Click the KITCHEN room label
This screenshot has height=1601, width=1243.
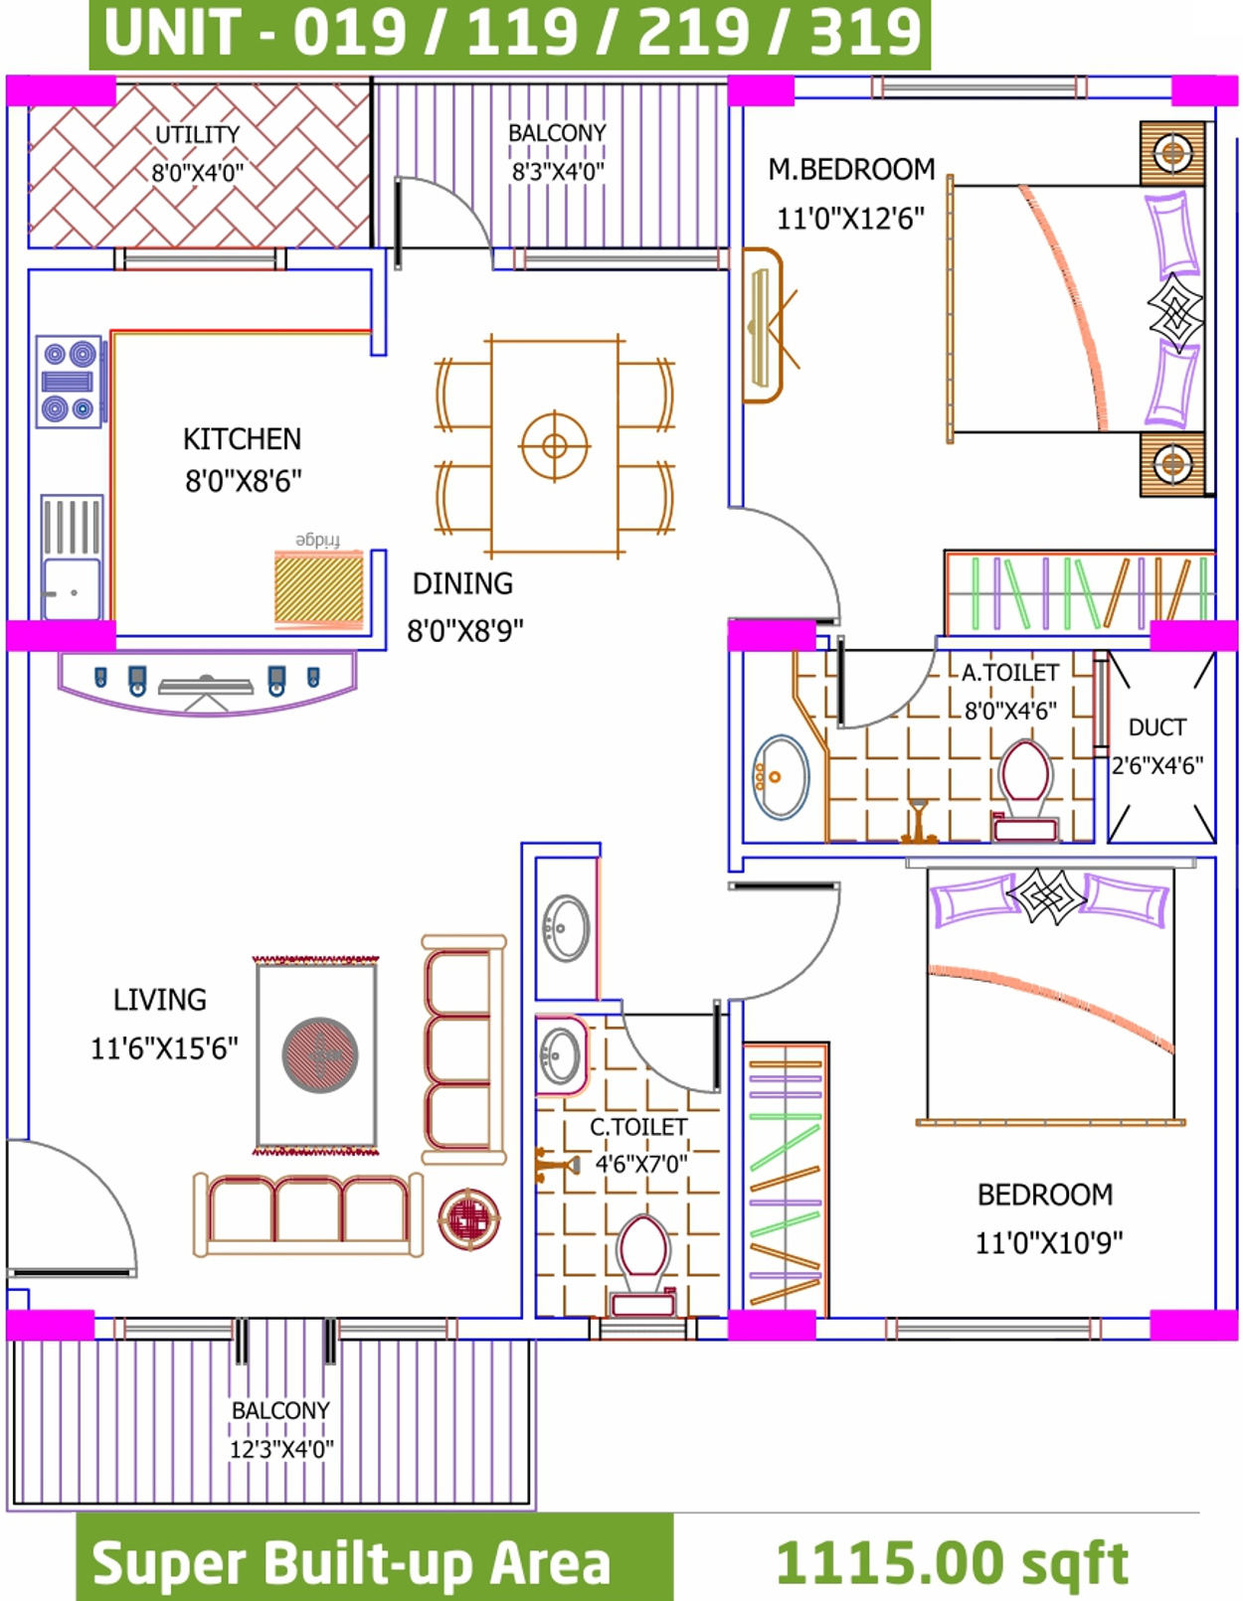click(x=242, y=439)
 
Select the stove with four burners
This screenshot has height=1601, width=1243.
click(x=69, y=382)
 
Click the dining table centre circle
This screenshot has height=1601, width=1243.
click(x=555, y=446)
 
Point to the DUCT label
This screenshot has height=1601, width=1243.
click(x=1156, y=727)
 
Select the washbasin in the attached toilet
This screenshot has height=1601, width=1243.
click(x=780, y=776)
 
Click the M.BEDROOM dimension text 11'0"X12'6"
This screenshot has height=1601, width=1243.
click(x=850, y=219)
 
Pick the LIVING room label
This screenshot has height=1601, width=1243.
click(x=160, y=1000)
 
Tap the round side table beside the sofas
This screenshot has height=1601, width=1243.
click(x=469, y=1218)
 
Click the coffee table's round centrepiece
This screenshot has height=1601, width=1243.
click(x=320, y=1055)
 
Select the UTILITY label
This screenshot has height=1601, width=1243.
click(x=198, y=135)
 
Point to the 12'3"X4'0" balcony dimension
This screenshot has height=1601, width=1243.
click(x=281, y=1449)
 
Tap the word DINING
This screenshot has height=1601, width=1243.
click(x=463, y=583)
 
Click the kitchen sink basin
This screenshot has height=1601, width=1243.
click(x=71, y=589)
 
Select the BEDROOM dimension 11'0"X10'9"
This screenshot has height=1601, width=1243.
click(x=1048, y=1243)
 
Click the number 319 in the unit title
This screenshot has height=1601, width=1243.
click(x=866, y=34)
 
